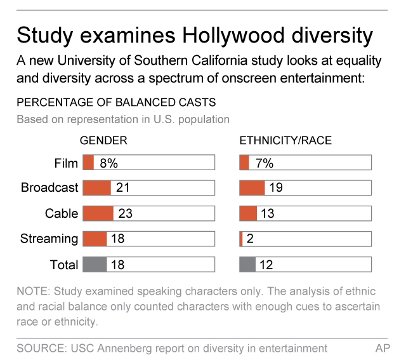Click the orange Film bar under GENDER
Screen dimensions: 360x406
(88, 163)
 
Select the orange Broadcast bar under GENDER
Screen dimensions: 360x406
(97, 188)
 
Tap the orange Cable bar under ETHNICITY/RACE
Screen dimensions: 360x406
(248, 213)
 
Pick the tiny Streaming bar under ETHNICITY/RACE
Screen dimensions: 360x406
(241, 239)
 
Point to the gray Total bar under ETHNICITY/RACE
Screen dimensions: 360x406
(247, 264)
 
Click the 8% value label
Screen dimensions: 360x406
(108, 163)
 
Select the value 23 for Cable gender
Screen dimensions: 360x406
(125, 213)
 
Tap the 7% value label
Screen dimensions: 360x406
(263, 163)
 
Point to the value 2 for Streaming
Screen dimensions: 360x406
(250, 239)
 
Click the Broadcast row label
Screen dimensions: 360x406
(49, 188)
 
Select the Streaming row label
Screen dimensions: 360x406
(49, 239)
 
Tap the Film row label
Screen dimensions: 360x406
(66, 163)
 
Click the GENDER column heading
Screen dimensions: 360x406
(103, 141)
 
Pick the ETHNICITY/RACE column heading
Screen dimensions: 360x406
(285, 141)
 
